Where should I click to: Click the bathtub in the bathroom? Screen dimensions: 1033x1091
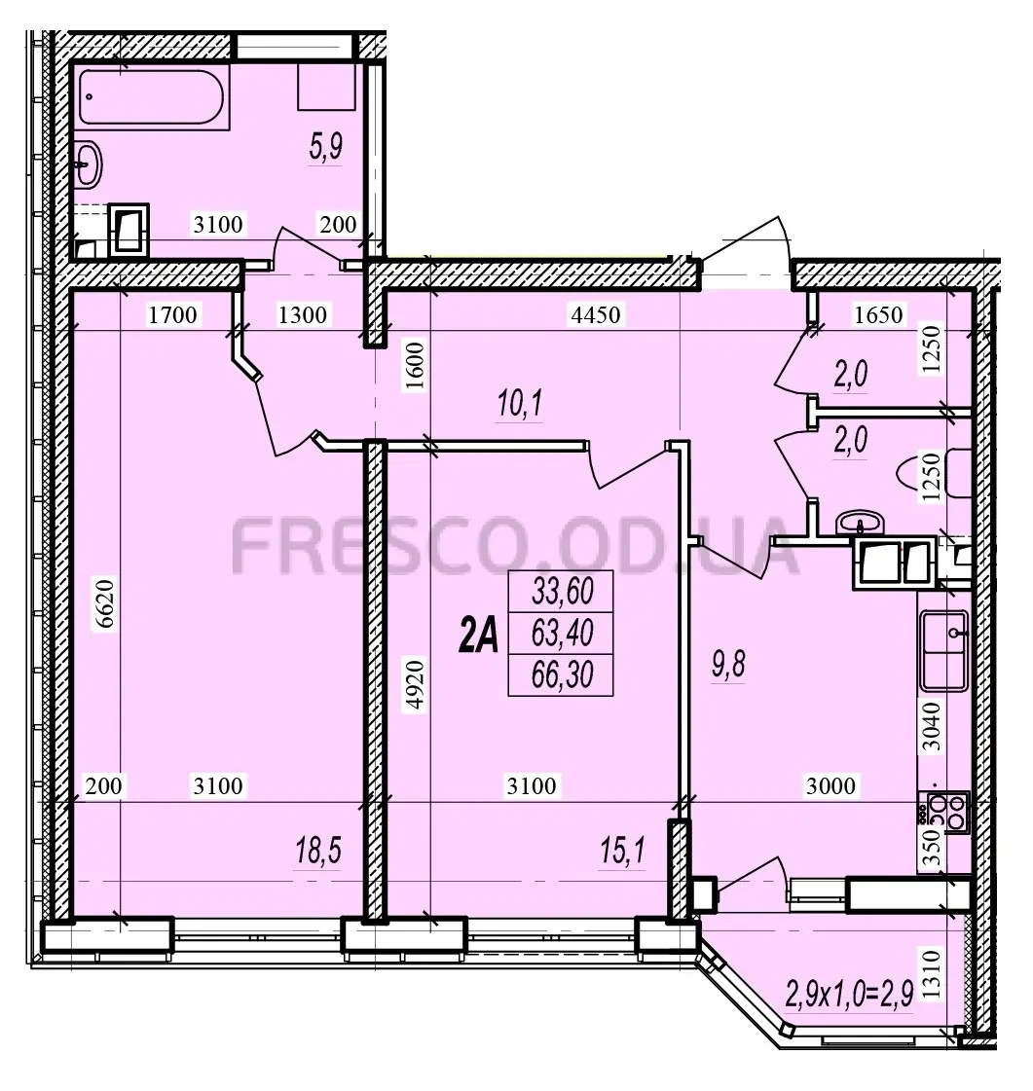point(152,97)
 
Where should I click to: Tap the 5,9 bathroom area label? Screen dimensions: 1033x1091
point(326,148)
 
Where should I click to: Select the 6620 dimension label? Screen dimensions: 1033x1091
point(104,604)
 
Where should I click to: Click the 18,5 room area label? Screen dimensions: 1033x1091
point(318,851)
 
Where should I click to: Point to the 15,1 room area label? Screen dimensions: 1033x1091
point(622,851)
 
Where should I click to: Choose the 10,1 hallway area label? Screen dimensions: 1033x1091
point(519,404)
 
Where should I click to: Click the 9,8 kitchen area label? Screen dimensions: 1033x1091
point(728,665)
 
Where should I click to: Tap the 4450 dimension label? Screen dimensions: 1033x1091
point(595,315)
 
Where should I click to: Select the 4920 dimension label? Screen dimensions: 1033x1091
point(416,684)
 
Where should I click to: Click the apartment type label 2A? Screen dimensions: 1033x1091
point(479,636)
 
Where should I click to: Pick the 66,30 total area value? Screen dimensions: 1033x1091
point(563,674)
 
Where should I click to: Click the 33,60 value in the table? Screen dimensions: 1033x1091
point(563,592)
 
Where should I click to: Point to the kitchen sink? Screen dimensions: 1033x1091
point(943,649)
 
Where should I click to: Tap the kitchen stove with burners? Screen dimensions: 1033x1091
point(943,813)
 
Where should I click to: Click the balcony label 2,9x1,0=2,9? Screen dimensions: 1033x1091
point(849,995)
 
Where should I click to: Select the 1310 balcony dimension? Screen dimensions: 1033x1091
point(934,975)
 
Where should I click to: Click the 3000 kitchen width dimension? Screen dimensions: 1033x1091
point(830,786)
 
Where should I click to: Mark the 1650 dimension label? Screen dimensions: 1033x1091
point(878,315)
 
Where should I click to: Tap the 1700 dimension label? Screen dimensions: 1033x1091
point(172,315)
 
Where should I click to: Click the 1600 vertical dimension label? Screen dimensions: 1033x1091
point(416,367)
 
